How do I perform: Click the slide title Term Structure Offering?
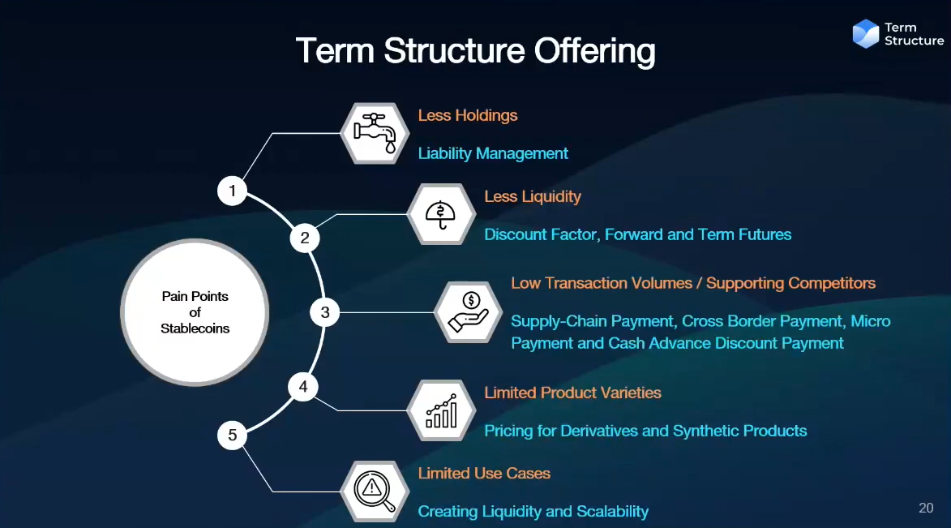coord(475,51)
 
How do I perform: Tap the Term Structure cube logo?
coord(866,33)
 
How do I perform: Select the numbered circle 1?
coord(233,191)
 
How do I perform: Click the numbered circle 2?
coord(305,238)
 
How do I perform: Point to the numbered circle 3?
coord(325,312)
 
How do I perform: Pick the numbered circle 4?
coord(303,387)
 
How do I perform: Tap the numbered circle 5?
coord(233,436)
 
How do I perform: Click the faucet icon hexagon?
coord(375,133)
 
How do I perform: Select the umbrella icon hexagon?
coord(441,214)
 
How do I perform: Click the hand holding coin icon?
coord(468,312)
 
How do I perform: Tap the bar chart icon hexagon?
coord(441,410)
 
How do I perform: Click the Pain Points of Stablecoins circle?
coord(195,312)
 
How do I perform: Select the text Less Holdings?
coord(468,115)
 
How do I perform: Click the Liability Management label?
coord(493,153)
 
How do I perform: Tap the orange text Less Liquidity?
coord(533,196)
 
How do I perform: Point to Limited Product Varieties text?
coord(572,393)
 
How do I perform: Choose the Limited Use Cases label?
coord(484,474)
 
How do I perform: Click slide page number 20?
coord(926,508)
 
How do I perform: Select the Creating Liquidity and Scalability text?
coord(533,512)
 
